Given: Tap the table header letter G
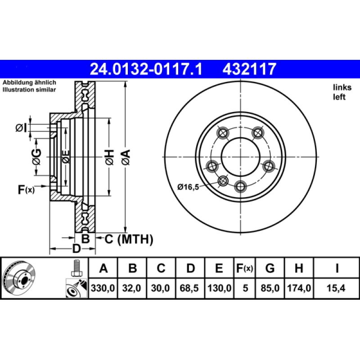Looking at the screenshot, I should coord(270,269).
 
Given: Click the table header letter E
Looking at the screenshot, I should coord(219,269).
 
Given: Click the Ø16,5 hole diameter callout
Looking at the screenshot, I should coord(188,187).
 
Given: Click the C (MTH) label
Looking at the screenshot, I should coord(129,239).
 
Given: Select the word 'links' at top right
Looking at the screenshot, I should coord(342,88).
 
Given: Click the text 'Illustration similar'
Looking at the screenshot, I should coord(29,90).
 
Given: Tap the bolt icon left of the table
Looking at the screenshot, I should coord(76,269).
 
